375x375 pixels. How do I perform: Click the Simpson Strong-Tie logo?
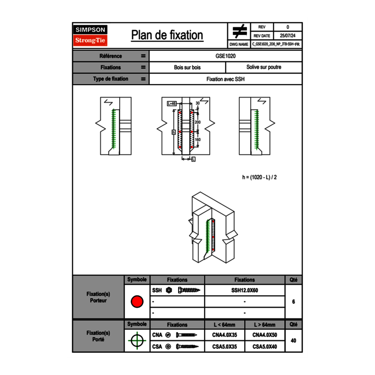coord(90,35)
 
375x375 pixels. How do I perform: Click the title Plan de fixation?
coord(167,35)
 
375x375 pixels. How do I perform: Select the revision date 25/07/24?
coord(288,36)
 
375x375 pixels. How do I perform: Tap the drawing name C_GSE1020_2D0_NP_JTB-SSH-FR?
coord(276,44)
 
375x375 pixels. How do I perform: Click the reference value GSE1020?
coord(225,56)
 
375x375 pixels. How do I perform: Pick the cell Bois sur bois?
coord(187,67)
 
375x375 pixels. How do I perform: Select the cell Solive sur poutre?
coord(263,67)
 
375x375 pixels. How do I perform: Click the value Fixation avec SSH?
coord(225,79)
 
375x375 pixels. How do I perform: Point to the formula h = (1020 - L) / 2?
coord(260,177)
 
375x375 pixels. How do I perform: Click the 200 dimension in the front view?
coord(197,122)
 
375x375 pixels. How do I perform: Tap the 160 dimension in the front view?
coord(197,139)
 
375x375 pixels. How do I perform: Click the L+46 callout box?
coord(172,103)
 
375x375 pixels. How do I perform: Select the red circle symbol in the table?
coord(137,302)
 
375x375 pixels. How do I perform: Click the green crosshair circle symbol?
coord(137,341)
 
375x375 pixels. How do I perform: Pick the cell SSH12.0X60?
coord(244,290)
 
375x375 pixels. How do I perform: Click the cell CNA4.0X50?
coord(265,335)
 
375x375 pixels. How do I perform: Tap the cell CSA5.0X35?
coord(224,347)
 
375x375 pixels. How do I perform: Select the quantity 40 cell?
coord(293,340)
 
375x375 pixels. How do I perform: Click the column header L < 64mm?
coord(224,325)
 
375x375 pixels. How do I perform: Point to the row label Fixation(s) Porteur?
coord(98,297)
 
